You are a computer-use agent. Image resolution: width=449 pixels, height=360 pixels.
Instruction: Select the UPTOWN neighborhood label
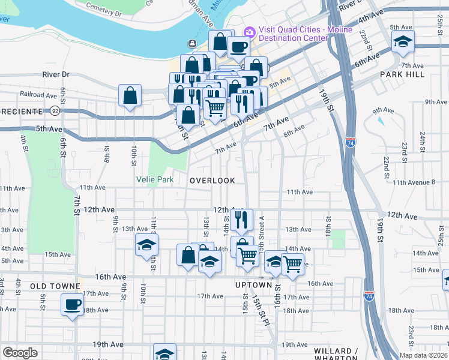250,284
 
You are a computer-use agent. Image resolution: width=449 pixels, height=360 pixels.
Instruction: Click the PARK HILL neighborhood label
402,74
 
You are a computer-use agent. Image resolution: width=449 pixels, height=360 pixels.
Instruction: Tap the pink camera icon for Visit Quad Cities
249,31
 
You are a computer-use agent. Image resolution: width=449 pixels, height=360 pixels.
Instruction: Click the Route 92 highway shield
55,111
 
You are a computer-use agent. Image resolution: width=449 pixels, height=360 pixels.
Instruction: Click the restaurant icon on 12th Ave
241,220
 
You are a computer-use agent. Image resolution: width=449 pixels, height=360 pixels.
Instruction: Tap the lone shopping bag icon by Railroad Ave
130,95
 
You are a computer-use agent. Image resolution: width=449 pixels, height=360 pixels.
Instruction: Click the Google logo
20,352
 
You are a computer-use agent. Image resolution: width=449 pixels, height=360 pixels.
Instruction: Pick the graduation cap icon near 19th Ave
164,353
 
